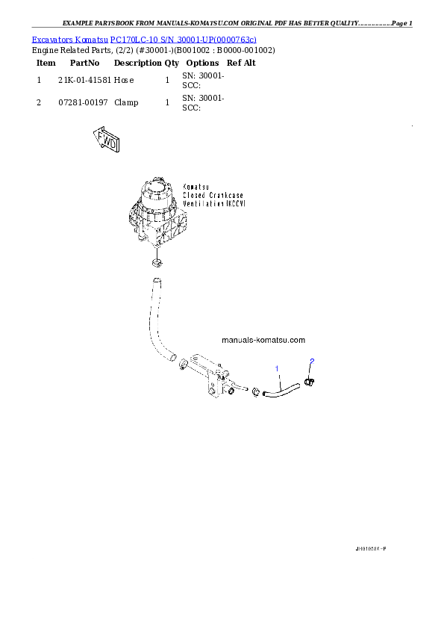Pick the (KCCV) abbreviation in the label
click(238, 203)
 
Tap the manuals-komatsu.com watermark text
click(263, 340)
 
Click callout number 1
click(278, 368)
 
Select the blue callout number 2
click(312, 362)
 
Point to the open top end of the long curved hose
click(156, 282)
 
